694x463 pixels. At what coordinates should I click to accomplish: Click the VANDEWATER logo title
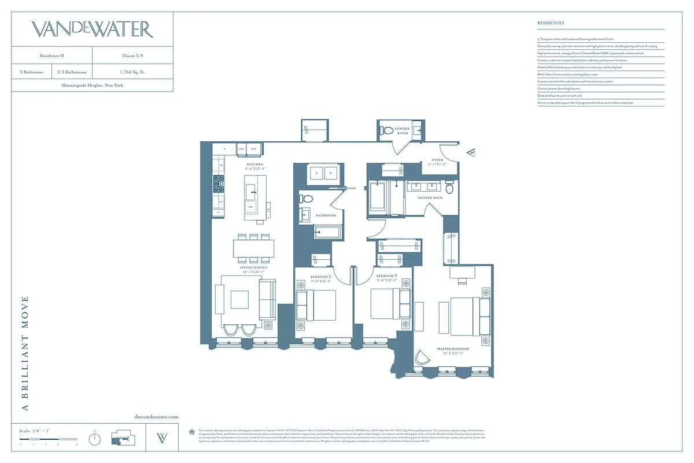[x=92, y=30]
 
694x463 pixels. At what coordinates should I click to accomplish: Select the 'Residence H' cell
[x=51, y=56]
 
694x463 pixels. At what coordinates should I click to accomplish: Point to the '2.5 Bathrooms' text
[x=72, y=72]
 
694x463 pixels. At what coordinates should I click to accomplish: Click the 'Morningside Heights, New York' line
[x=92, y=85]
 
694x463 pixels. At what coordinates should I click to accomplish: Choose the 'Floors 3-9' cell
[x=132, y=56]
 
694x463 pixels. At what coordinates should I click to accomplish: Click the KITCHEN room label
[x=255, y=164]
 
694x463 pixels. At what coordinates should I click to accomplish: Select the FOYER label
[x=438, y=160]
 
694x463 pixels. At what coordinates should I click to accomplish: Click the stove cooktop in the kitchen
[x=219, y=185]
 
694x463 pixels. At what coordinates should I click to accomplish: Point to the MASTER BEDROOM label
[x=453, y=349]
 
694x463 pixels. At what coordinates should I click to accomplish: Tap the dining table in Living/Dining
[x=255, y=249]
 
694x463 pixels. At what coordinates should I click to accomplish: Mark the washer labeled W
[x=331, y=172]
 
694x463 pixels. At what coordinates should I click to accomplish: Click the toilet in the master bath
[x=450, y=189]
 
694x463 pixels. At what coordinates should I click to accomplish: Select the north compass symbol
[x=94, y=439]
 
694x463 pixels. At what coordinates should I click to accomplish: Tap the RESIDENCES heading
[x=551, y=23]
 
